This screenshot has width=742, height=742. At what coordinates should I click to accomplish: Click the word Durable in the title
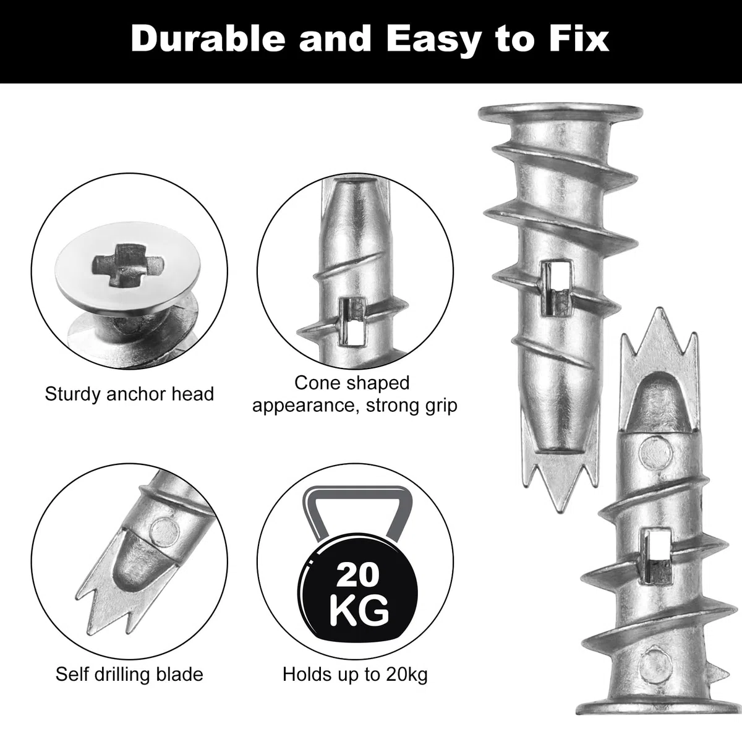208,39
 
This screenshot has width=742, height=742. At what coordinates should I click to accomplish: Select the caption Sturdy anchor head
129,394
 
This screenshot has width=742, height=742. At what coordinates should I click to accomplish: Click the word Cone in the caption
316,383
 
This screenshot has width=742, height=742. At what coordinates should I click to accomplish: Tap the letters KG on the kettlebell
359,611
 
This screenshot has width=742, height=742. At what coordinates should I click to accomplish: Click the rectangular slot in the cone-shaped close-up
352,322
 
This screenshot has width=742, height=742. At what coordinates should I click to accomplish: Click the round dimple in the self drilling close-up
164,532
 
